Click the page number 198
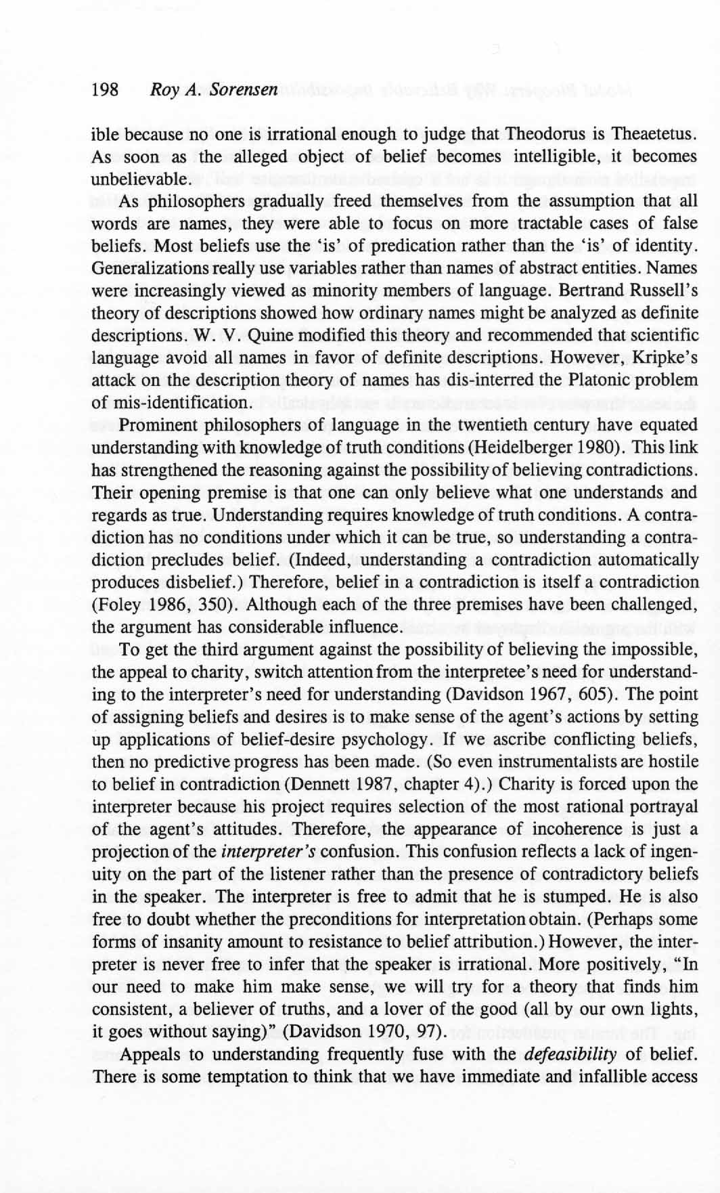coord(105,89)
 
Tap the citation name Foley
coord(117,605)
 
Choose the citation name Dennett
coord(307,784)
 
